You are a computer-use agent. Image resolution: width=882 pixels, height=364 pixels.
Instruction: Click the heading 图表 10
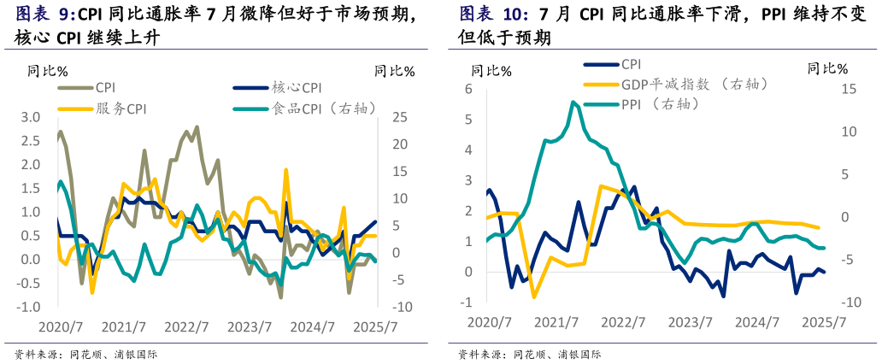493,14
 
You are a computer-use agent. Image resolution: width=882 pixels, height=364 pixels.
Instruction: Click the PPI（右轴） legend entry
659,103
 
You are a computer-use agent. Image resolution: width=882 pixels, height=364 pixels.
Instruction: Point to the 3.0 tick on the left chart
30,117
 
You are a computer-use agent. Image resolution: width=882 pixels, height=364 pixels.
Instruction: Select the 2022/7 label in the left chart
186,327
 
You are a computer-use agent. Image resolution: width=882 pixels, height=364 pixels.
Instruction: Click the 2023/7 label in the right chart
690,322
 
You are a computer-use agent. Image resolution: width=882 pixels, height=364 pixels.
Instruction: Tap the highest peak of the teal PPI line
573,102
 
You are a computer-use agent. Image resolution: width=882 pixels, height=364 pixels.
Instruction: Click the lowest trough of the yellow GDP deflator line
534,296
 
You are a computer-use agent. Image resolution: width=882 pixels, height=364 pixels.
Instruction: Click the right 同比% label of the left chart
394,71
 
